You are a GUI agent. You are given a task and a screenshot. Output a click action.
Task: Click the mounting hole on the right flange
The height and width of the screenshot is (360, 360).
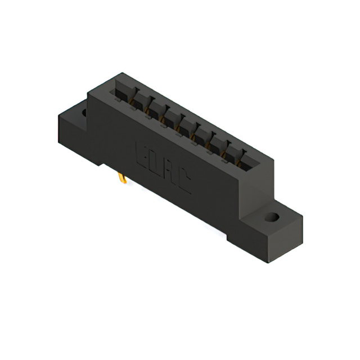pos(272,217)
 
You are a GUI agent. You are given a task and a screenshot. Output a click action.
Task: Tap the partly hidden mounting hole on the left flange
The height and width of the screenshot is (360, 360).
pos(84,113)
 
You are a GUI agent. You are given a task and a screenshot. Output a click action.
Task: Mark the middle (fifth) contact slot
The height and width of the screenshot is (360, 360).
pos(185,128)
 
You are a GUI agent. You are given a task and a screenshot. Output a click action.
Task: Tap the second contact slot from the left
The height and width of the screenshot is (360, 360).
pos(139,102)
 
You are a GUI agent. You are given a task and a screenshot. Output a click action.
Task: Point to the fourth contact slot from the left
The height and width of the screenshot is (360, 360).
pos(170,119)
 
